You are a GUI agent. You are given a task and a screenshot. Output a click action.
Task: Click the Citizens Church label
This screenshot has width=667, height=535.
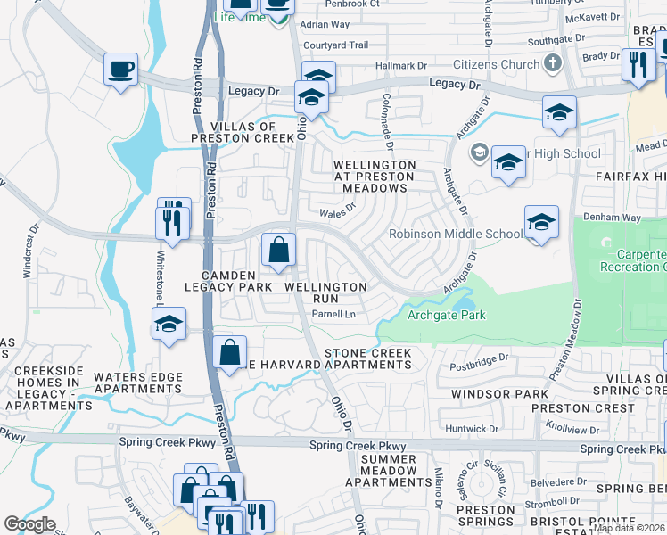496,64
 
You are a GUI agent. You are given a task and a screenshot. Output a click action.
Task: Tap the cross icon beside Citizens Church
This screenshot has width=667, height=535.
552,64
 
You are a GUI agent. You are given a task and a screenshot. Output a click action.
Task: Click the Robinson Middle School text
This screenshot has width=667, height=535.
456,235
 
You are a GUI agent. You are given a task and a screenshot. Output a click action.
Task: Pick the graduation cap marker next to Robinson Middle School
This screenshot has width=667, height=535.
541,223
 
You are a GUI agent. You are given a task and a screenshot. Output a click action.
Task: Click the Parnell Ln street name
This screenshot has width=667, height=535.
333,314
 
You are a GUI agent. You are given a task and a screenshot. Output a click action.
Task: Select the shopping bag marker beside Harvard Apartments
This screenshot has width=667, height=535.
230,351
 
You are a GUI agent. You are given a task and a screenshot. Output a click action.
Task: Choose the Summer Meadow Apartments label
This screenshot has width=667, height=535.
389,470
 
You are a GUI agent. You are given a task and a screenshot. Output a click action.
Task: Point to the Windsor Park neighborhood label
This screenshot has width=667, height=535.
499,393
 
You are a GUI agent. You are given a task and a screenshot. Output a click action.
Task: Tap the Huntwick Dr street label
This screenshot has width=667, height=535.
480,429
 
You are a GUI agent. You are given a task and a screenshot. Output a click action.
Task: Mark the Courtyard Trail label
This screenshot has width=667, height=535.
335,45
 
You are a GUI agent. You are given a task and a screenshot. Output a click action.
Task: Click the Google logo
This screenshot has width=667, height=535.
29,524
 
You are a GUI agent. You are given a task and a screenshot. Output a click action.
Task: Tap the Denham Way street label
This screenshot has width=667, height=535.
613,217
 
